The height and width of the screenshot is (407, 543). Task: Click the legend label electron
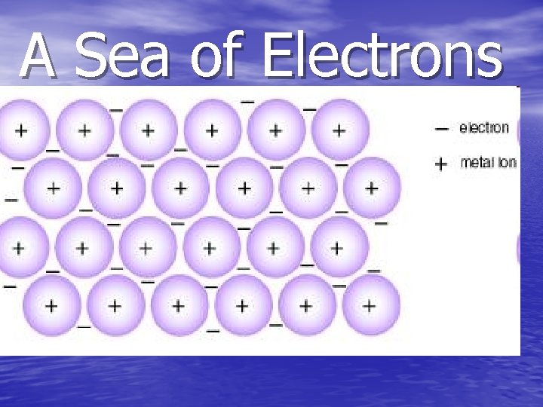(484, 128)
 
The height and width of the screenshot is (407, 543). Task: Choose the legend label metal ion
(488, 162)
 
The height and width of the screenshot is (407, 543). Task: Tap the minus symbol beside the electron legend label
(442, 129)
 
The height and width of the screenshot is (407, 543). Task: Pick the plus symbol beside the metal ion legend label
(442, 163)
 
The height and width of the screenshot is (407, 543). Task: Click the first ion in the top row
(21, 130)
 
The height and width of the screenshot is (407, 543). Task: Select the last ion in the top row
(339, 130)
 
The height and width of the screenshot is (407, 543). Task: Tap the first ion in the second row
(53, 187)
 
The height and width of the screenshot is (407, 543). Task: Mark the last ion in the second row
(371, 187)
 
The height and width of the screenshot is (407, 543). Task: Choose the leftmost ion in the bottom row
(51, 305)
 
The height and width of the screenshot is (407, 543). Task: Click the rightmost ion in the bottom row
(370, 305)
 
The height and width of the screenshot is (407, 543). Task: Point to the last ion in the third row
(337, 246)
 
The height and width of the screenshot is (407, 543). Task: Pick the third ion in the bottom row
(179, 305)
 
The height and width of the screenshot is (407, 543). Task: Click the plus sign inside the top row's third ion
(149, 130)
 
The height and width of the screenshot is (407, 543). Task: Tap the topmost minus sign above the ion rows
(247, 101)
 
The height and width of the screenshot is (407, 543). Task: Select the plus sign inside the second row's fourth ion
(244, 188)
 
